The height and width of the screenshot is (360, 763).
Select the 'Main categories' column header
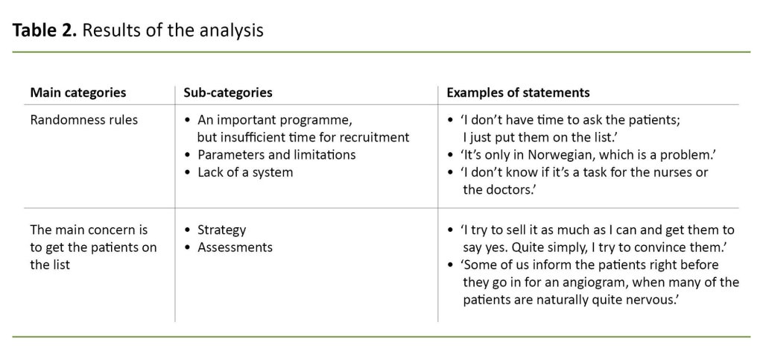click(77, 92)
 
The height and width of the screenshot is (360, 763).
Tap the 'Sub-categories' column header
click(227, 92)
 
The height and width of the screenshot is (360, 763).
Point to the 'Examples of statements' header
click(518, 92)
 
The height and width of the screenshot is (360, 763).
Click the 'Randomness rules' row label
click(83, 119)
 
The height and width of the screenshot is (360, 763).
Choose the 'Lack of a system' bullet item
click(245, 172)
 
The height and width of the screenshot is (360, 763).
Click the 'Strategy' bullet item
click(221, 230)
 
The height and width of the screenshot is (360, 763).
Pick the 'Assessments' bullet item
click(235, 247)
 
